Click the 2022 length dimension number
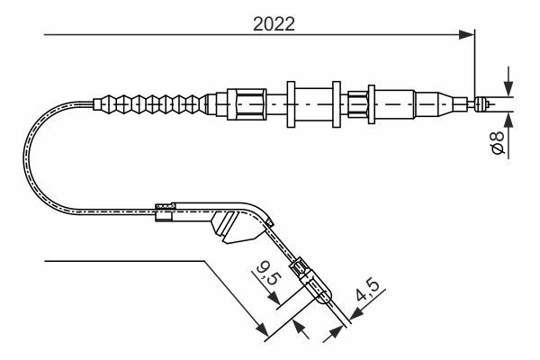(274, 24)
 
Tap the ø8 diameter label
(498, 142)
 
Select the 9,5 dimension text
(269, 272)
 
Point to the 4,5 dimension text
(367, 290)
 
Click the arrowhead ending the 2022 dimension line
(466, 34)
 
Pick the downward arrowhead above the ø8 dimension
(508, 88)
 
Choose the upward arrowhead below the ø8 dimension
(508, 120)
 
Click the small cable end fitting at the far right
(482, 104)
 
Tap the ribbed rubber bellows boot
(150, 103)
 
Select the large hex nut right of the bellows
(247, 104)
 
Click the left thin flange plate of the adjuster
(291, 104)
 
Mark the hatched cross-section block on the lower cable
(165, 206)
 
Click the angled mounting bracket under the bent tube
(237, 227)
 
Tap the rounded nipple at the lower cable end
(322, 295)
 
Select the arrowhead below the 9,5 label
(274, 298)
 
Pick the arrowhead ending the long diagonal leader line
(263, 330)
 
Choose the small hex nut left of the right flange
(358, 104)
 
